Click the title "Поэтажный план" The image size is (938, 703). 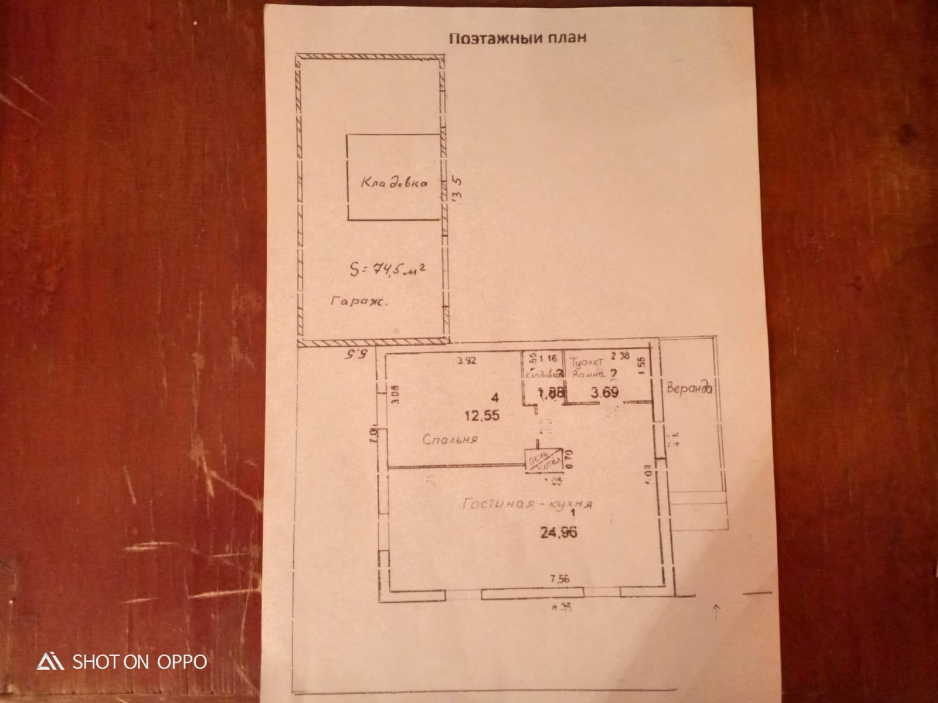point(518,38)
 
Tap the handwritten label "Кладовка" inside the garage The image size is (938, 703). point(394,182)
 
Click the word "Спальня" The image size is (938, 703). point(450,439)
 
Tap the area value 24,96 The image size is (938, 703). point(559,533)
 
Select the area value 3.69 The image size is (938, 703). point(604,393)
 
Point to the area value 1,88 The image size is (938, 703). point(551,394)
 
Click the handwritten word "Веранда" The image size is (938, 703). point(689,387)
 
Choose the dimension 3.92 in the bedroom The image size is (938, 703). point(467,361)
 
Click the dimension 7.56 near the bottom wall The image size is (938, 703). point(559,579)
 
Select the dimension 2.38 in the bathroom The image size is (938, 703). point(620,355)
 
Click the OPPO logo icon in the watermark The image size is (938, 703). point(50,661)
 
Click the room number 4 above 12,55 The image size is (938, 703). point(496,398)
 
